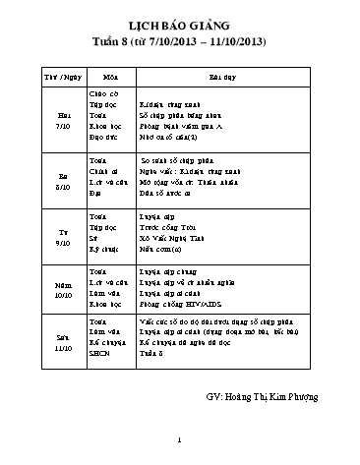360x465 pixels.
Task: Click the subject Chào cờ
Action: point(103,93)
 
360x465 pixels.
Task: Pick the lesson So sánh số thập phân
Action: point(176,158)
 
